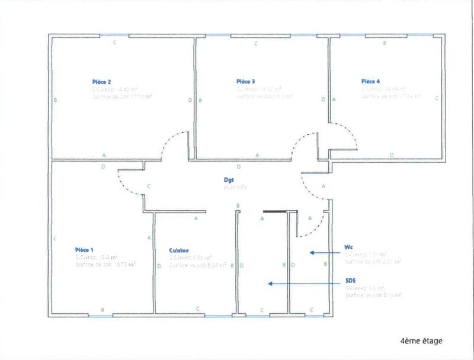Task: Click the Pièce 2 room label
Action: point(101,82)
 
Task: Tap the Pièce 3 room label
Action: point(245,81)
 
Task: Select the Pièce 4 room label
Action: point(371,81)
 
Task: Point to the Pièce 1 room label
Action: point(85,249)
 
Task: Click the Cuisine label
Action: point(179,250)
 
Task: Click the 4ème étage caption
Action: point(421,340)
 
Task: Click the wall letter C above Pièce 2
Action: point(114,43)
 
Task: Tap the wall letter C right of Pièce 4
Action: point(436,99)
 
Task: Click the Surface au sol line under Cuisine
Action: point(197,266)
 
